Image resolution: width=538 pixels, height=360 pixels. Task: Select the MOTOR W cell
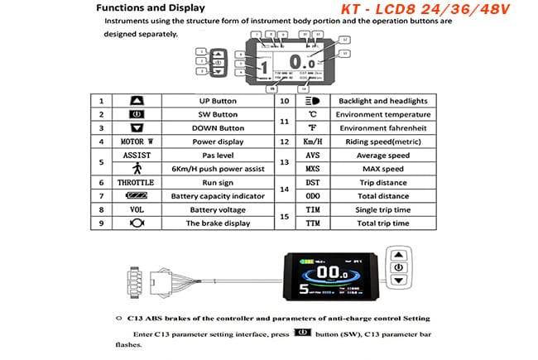pos(137,141)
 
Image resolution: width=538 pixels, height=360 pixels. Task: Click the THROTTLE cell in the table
pos(137,181)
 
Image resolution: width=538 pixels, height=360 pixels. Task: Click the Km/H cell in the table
pos(312,141)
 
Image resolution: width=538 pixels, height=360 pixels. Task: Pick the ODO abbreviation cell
pos(312,195)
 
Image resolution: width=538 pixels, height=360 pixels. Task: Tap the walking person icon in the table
pos(137,168)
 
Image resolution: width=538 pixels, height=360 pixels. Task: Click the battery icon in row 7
pos(137,195)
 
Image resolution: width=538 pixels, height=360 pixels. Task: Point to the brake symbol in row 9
pos(137,223)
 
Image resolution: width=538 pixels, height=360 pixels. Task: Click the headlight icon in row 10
pos(312,100)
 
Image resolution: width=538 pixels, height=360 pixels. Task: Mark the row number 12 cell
pos(283,141)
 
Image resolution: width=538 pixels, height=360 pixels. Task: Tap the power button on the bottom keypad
pos(399,267)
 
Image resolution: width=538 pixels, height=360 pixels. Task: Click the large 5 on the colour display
pos(305,290)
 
